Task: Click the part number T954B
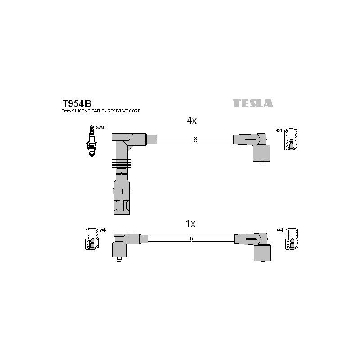[76, 104]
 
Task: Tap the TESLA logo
[253, 103]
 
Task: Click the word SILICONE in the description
[82, 111]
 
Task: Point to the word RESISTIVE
[118, 111]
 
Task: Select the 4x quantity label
[192, 120]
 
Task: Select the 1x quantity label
[190, 223]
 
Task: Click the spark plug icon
[92, 140]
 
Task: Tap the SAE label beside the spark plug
[100, 127]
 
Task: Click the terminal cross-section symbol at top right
[291, 139]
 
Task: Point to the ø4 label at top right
[279, 130]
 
